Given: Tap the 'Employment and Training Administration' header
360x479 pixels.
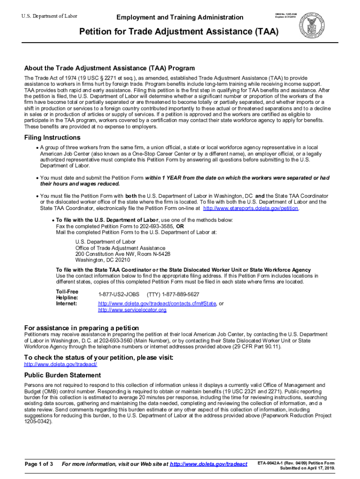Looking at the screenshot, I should (180, 17).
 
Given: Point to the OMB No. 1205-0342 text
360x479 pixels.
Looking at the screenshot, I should (285, 14).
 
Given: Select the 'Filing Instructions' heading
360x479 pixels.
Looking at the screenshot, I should (52, 138).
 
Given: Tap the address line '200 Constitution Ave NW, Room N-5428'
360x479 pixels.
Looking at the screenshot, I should (122, 254).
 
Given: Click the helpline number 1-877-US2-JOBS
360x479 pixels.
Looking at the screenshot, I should (119, 294).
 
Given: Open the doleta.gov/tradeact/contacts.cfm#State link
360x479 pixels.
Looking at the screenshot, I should (157, 304).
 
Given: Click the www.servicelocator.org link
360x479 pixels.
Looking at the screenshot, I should (132, 310).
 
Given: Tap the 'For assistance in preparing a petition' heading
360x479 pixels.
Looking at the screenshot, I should (81, 327).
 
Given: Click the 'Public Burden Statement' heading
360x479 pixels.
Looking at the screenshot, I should (63, 375).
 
